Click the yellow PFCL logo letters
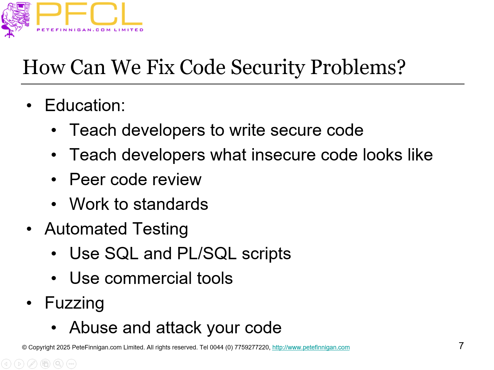pos(89,14)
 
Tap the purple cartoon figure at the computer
pos(15,19)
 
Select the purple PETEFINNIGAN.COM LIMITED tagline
pos(90,30)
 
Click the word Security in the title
pos(268,67)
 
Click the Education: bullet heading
pos(85,105)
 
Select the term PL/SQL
pos(207,254)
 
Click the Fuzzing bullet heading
pos(74,303)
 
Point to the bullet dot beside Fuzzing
pos(29,303)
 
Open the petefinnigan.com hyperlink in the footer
pos(311,347)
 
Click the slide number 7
pos(461,346)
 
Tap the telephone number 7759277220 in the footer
pos(252,347)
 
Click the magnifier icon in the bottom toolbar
pos(58,364)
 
